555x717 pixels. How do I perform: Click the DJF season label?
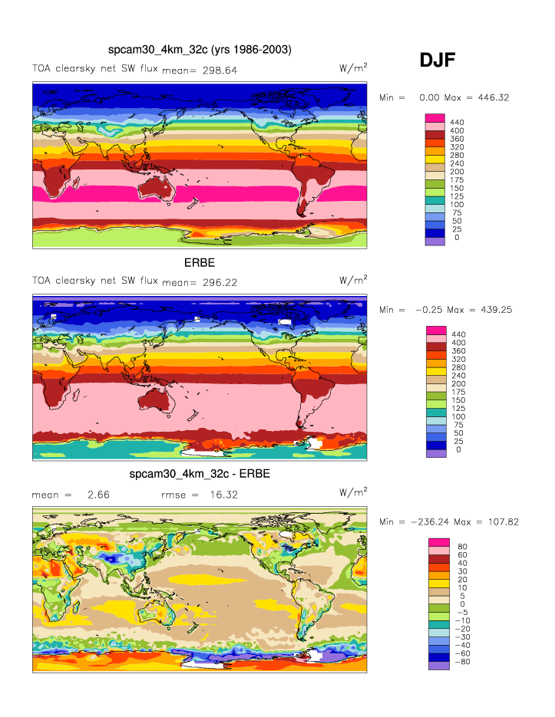438,61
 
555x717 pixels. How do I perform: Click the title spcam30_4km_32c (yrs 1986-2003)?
200,50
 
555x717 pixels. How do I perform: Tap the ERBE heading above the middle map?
199,262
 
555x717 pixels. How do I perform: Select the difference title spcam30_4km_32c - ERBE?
200,474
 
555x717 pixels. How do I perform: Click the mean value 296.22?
220,282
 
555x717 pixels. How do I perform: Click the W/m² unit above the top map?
352,67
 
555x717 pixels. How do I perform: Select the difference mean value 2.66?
98,495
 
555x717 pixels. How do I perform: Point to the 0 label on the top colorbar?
457,238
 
